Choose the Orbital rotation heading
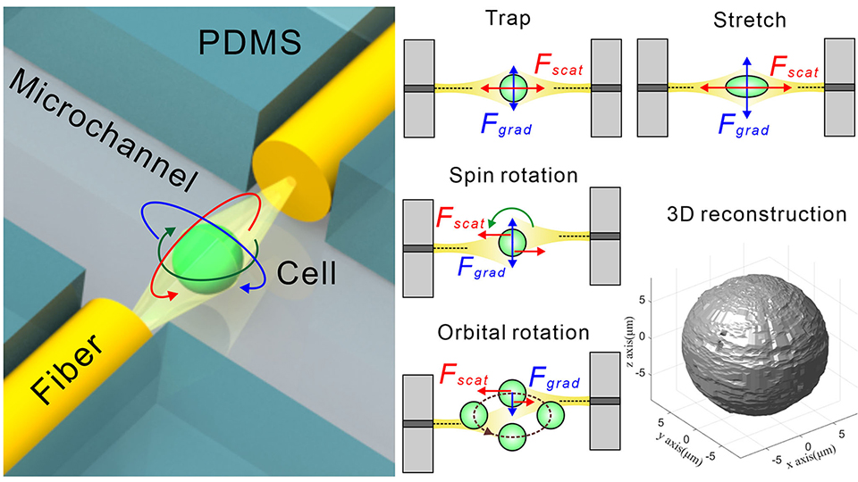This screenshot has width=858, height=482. coord(513,333)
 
